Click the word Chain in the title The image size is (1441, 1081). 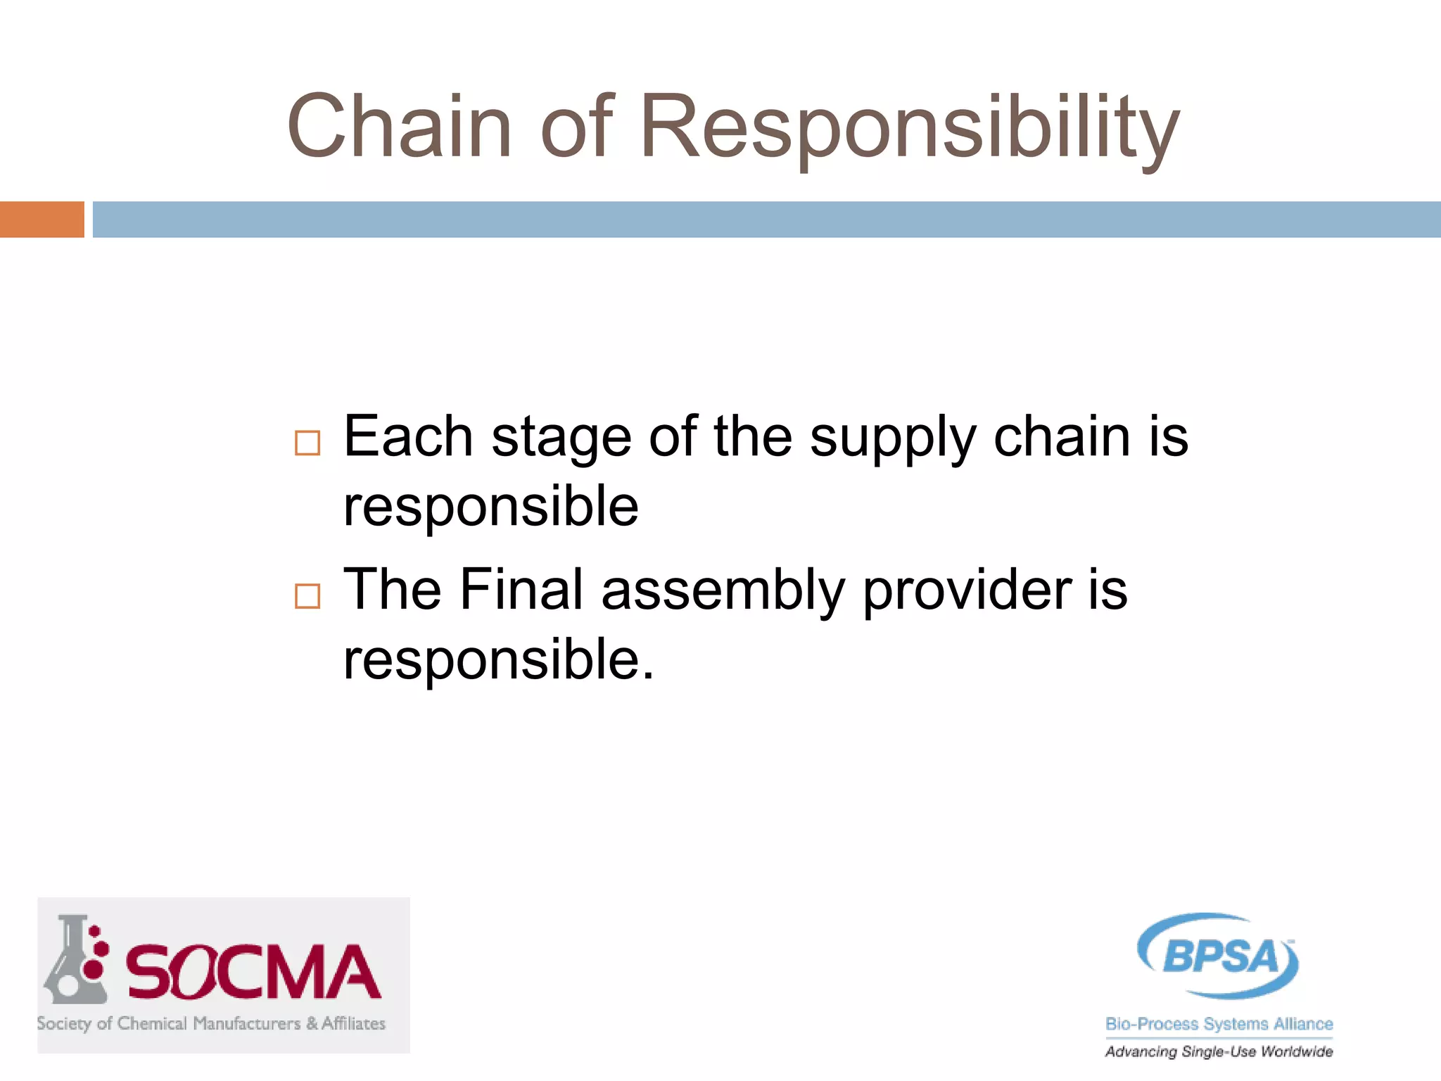(399, 127)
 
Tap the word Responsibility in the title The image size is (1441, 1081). (909, 128)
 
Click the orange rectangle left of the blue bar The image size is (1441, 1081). (42, 219)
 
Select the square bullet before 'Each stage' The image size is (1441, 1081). (307, 443)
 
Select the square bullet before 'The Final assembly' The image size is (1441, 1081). (307, 596)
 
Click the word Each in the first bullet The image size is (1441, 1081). (408, 436)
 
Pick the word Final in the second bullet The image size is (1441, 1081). (521, 589)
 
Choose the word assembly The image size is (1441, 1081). (723, 591)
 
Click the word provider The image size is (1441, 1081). (967, 591)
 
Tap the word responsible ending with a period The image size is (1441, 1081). (498, 660)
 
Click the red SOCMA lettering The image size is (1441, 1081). (253, 973)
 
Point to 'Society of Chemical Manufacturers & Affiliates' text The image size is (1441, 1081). (211, 1023)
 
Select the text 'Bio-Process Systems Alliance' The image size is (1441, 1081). (1219, 1024)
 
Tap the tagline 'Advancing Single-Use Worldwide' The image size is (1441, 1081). (1219, 1051)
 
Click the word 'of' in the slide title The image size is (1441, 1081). (577, 127)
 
